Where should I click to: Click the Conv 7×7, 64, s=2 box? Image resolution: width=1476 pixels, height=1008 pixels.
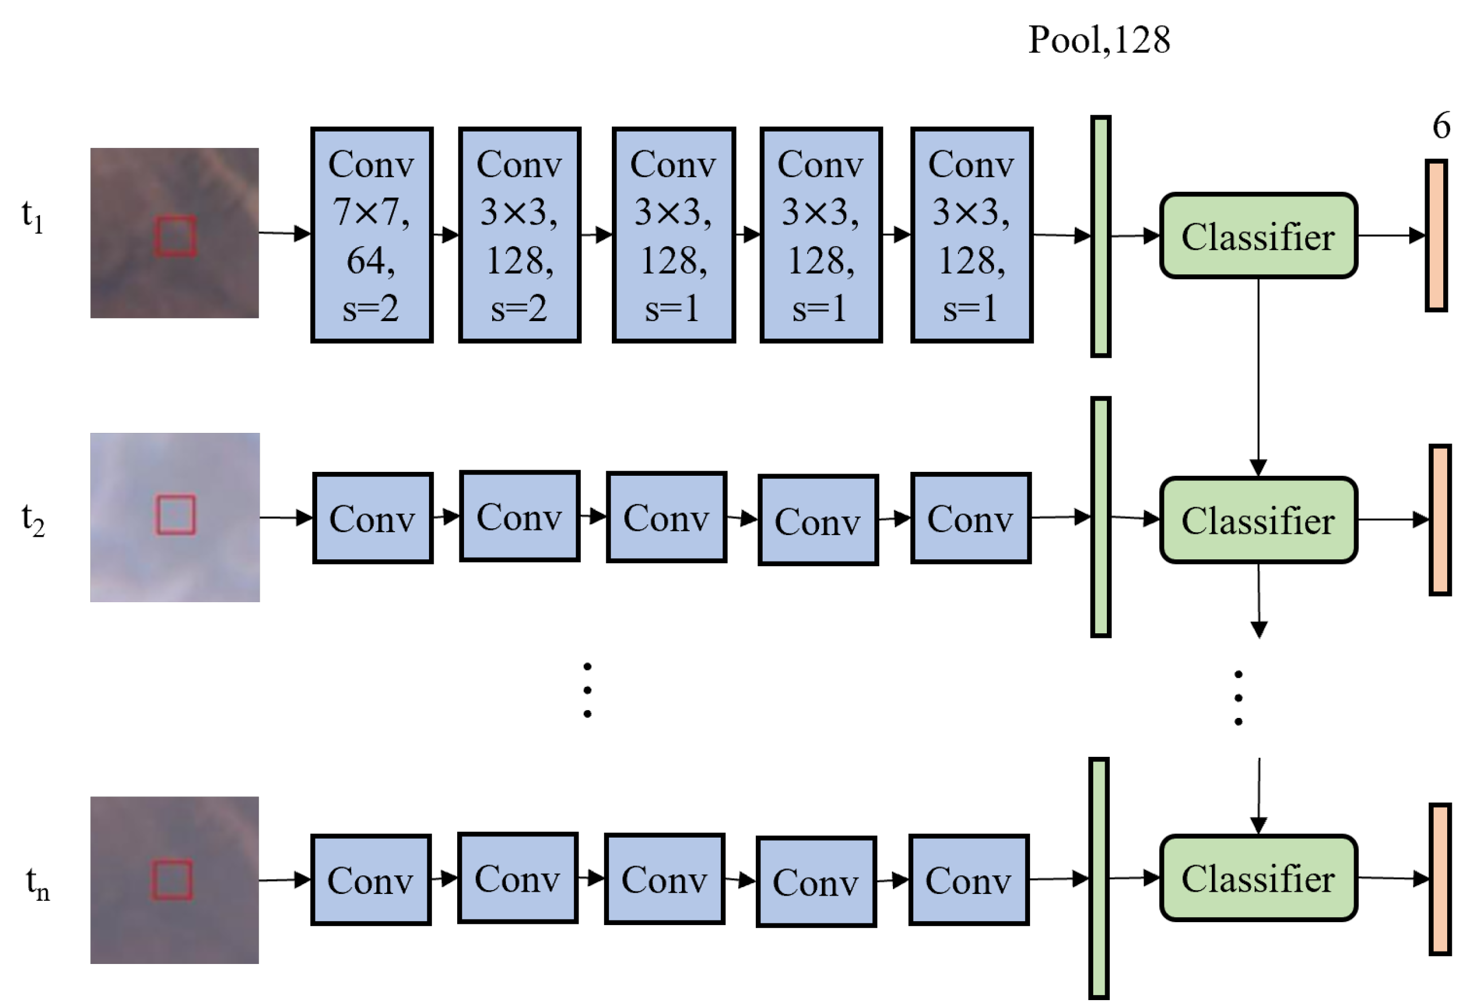371,235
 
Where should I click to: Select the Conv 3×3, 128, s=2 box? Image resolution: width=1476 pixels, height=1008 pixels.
519,235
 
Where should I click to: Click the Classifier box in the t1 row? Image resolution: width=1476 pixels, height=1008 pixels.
1258,236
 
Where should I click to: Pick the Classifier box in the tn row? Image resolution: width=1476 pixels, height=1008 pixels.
1258,878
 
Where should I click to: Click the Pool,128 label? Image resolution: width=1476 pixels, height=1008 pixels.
1099,40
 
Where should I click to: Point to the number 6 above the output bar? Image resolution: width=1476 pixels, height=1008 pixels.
1441,125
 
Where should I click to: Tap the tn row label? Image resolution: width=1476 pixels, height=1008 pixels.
37,883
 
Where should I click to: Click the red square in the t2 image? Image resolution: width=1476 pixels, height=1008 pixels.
176,515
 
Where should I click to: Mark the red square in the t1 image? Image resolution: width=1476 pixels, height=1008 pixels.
176,236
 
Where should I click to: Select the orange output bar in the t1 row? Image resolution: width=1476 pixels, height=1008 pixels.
1436,236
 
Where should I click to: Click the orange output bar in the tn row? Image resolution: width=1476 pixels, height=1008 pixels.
1440,879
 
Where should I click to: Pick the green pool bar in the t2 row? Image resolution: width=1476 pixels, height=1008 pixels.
1101,517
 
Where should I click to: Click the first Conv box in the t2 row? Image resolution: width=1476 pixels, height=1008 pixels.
373,518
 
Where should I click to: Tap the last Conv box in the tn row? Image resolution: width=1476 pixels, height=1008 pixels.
969,880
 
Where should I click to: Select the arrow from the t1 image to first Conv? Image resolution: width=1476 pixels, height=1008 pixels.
284,233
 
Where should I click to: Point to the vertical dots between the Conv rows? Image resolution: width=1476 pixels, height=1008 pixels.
588,690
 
